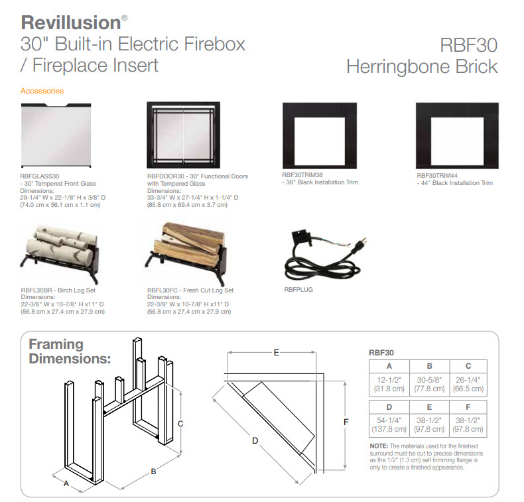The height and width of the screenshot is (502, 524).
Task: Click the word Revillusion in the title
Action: pyautogui.click(x=71, y=23)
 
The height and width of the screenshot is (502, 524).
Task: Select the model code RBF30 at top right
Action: pyautogui.click(x=468, y=45)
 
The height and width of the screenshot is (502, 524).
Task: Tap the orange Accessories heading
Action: pyautogui.click(x=42, y=91)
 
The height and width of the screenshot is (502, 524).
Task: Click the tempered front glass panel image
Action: pyautogui.click(x=56, y=135)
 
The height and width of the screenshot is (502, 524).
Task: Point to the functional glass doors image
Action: pyautogui.click(x=184, y=135)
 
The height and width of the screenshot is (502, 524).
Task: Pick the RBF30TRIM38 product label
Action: pyautogui.click(x=302, y=174)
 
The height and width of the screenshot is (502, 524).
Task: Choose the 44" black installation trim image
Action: pyautogui.click(x=457, y=135)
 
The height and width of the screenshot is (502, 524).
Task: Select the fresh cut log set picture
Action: pyautogui.click(x=186, y=253)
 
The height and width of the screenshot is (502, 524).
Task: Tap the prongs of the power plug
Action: pyautogui.click(x=363, y=241)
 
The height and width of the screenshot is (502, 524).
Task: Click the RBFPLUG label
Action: pyautogui.click(x=298, y=290)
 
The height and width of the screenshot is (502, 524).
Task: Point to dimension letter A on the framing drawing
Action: pyautogui.click(x=66, y=483)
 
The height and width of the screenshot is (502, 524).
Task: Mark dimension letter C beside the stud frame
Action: pyautogui.click(x=180, y=424)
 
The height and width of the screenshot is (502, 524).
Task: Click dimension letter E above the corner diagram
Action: pyautogui.click(x=277, y=352)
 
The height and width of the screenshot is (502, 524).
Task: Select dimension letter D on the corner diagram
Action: pyautogui.click(x=255, y=441)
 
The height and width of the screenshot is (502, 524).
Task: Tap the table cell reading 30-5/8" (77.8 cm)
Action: pyautogui.click(x=429, y=385)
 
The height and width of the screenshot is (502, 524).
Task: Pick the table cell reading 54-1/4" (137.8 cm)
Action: pyautogui.click(x=389, y=425)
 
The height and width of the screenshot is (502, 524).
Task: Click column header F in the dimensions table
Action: pyautogui.click(x=468, y=407)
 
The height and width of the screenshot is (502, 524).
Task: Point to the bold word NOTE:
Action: pyautogui.click(x=379, y=446)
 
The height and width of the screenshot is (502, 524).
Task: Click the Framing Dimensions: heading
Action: pyautogui.click(x=70, y=351)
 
